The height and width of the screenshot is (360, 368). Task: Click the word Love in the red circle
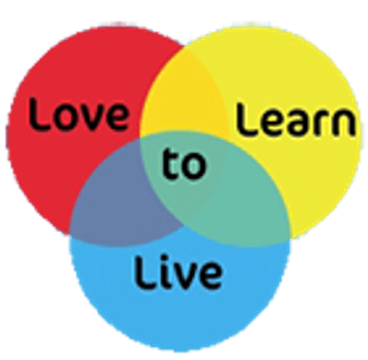pos(78,114)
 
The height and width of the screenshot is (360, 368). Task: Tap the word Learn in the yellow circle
pos(295,119)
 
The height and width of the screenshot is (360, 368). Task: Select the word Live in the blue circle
pos(178,272)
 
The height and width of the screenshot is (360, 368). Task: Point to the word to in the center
pos(184,163)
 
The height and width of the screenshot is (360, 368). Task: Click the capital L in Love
pos(38,114)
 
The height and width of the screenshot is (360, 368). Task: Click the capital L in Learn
pos(245,119)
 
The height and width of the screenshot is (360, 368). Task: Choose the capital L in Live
pos(144,272)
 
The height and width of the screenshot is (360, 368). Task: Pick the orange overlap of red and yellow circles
pos(184,96)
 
